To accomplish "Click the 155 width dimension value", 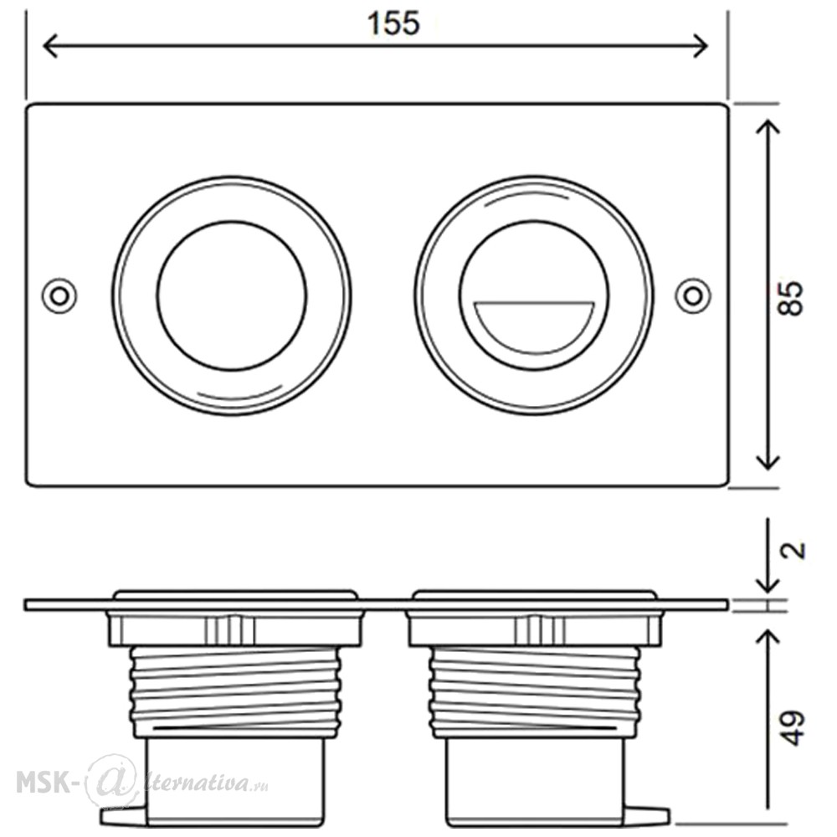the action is pos(393,23).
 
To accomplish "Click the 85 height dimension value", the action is pos(791,298).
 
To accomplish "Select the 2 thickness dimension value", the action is pos(793,550).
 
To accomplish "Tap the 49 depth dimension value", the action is pos(792,727).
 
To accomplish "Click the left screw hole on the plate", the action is pos(59,295).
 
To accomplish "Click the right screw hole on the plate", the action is pos(693,295).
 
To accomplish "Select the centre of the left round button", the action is pos(232,295).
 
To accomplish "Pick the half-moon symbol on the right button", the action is pos(534,326).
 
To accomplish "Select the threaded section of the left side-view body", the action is pos(235,692).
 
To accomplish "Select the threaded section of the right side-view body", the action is pos(534,692).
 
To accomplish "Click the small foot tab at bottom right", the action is pos(647,815).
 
